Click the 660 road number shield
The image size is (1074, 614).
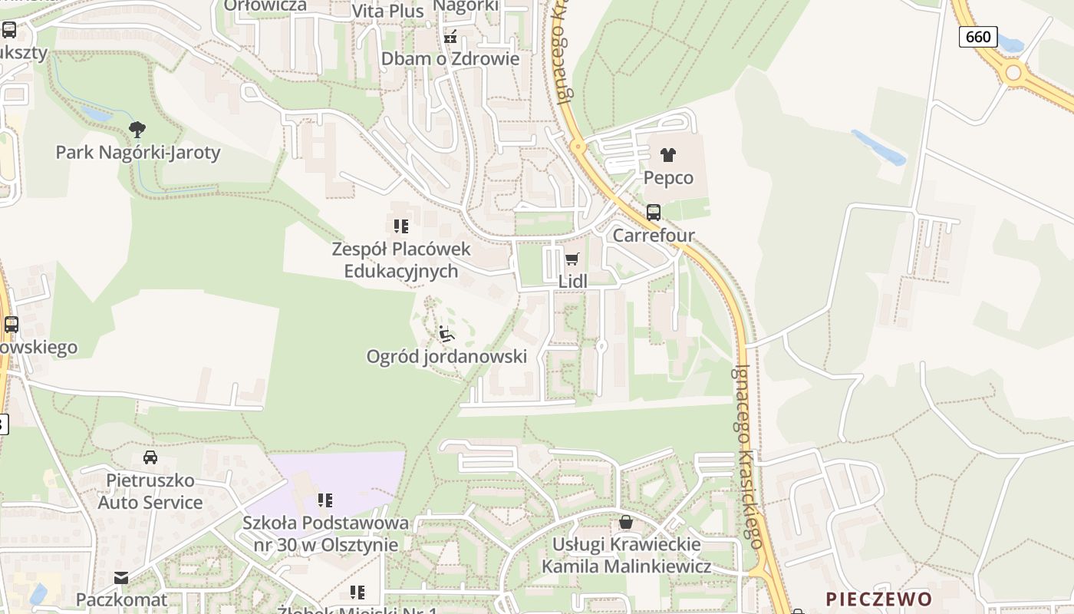tap(978, 36)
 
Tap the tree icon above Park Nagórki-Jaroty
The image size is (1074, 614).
tap(137, 129)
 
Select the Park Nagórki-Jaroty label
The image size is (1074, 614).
tap(138, 152)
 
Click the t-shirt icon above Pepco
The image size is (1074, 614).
tap(668, 154)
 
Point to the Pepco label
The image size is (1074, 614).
tap(668, 178)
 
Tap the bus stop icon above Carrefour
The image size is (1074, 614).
tap(654, 213)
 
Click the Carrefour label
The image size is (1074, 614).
tap(654, 236)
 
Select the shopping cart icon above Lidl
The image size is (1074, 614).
tap(572, 259)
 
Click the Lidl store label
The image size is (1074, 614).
tap(572, 282)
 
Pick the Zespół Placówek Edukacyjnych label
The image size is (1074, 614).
tap(401, 260)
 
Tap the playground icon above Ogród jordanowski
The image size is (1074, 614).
tap(446, 334)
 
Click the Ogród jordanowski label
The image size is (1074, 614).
tap(446, 356)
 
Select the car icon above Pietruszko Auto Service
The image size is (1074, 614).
tap(150, 457)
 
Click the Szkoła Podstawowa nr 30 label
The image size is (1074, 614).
tap(326, 534)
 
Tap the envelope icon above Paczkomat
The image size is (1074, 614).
tap(121, 577)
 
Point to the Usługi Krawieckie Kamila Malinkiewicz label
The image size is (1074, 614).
tap(627, 556)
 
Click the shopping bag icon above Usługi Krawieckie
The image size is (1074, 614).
tap(626, 523)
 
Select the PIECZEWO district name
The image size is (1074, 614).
tap(879, 599)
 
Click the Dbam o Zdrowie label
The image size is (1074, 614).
tap(450, 59)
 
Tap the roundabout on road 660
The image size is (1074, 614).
tap(1014, 73)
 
